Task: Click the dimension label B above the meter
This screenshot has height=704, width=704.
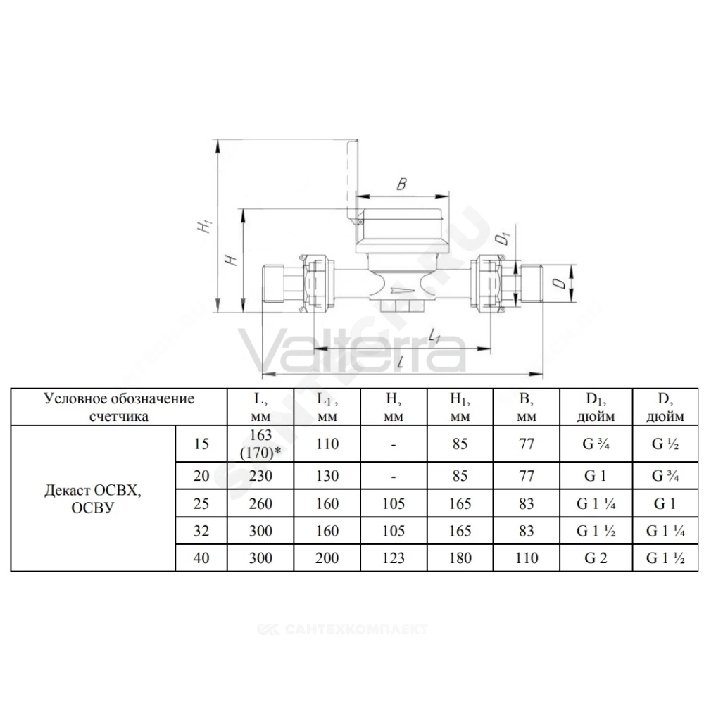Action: point(402,184)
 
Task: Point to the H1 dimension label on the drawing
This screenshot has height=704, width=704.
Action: point(204,226)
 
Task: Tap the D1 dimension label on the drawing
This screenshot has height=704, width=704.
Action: point(505,239)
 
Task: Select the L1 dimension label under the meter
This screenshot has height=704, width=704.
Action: point(433,335)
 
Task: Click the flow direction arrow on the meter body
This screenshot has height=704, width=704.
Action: point(405,289)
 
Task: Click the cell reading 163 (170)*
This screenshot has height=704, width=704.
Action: point(261,444)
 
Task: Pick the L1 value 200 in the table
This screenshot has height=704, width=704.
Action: point(327,558)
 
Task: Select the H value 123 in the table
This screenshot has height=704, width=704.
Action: point(394,558)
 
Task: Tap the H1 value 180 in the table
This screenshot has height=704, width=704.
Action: point(460,558)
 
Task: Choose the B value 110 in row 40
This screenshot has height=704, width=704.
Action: point(526,558)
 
